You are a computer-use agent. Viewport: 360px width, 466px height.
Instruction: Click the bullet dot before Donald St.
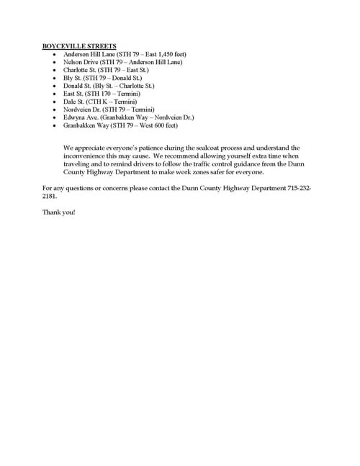coord(55,86)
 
